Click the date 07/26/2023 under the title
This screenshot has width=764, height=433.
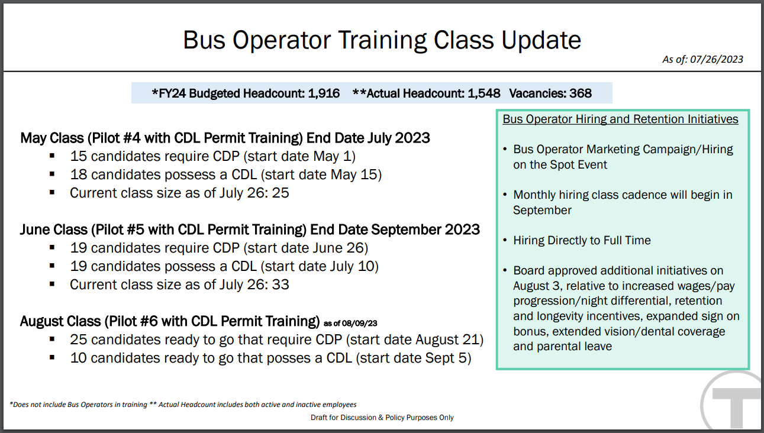coord(717,59)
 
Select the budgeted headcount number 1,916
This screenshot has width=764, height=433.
coord(324,93)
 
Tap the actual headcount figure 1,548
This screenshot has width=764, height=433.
coord(484,93)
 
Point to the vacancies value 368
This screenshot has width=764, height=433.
coord(581,93)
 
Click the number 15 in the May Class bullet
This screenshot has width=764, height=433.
coord(79,156)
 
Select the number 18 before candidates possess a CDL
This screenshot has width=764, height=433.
coord(79,175)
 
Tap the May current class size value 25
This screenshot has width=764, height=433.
coord(281,193)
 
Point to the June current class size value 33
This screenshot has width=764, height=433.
coord(281,285)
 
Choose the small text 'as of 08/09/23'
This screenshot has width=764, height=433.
coord(350,323)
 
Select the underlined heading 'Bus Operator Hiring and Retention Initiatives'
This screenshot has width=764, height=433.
coord(620,119)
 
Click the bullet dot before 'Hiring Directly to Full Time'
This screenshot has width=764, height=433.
coord(505,240)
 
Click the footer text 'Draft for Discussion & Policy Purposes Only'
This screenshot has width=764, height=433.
coord(382,418)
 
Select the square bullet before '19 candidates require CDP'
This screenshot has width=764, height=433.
coord(52,247)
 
